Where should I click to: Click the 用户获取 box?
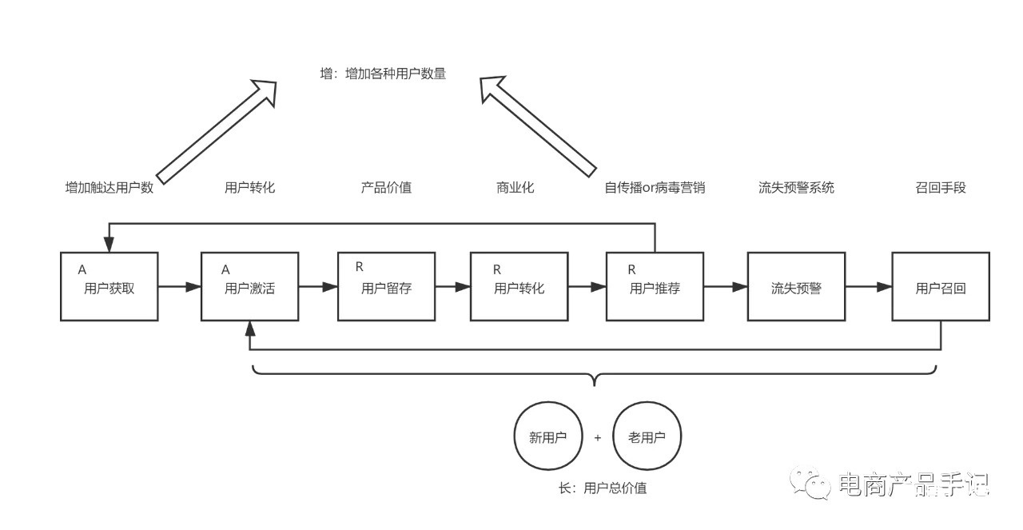coord(109,287)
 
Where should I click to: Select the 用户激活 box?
coord(249,287)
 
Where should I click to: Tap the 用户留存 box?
coord(387,287)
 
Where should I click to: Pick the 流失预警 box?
coord(796,287)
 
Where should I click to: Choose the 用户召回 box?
coord(941,287)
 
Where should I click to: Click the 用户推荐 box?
coord(655,287)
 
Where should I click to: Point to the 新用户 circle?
coord(547,437)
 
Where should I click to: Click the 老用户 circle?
coord(647,437)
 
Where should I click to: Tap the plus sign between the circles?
coord(597,438)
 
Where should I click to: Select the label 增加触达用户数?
coord(109,189)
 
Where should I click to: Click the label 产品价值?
coord(386,189)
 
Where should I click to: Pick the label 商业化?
coord(515,189)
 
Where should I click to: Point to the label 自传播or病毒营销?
coord(655,189)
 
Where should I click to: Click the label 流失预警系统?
coord(796,189)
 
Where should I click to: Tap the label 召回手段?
coord(941,189)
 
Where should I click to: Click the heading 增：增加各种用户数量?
coord(383,74)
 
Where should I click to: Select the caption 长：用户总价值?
coord(603,488)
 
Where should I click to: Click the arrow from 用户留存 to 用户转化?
coord(452,287)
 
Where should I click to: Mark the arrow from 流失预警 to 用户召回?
coord(869,287)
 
